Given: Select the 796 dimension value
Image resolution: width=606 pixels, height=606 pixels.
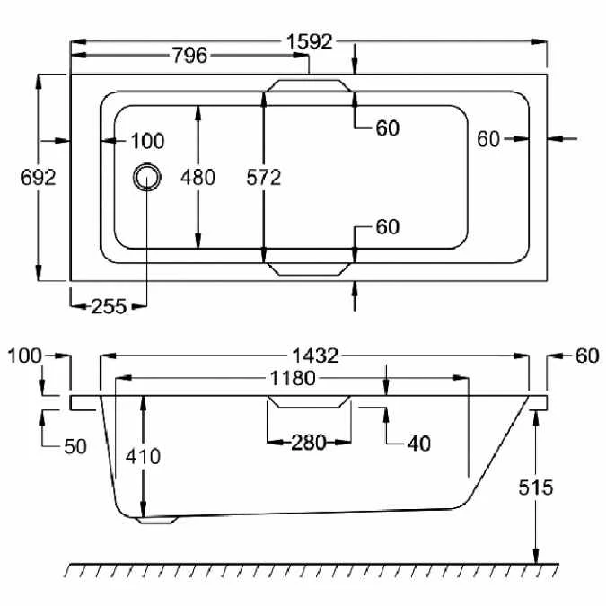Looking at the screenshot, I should pos(189,57).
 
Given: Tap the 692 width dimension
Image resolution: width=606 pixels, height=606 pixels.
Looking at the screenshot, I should pos(38,177).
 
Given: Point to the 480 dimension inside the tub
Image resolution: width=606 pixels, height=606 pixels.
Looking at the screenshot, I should pos(198,177).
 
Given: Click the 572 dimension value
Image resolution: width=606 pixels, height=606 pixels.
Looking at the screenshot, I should pos(264,177).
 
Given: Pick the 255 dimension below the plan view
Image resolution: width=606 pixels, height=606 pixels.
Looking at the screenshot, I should pos(109,305).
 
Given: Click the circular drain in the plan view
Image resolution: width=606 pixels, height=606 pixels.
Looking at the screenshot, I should pos(146,177).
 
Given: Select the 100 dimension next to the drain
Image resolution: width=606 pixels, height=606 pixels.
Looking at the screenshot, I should pos(147,140).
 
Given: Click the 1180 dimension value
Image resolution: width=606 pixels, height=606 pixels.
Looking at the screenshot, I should pos(292,378).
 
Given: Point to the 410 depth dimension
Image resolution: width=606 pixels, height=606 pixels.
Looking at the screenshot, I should pos(143,456).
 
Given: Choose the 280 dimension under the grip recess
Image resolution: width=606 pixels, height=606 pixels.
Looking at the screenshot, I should pos(308,442).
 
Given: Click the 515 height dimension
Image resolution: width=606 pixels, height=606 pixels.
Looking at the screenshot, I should pos(536,487).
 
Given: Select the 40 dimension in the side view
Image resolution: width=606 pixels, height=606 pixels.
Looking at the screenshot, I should pos(417,443).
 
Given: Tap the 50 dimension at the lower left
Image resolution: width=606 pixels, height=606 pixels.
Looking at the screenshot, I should pos(75,445).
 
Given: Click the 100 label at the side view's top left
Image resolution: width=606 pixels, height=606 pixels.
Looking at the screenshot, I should pos(24,356).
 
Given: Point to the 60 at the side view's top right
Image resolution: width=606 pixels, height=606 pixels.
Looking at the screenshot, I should pos(586,356).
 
